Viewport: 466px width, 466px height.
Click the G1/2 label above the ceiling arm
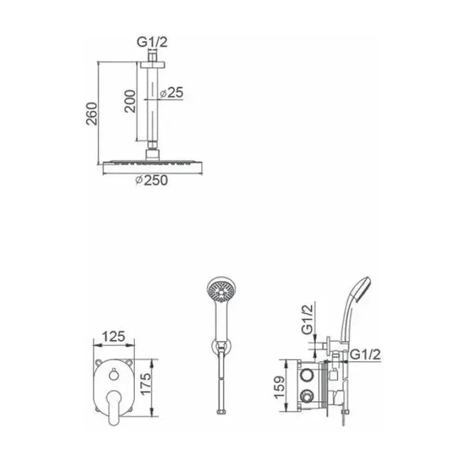tap(152, 42)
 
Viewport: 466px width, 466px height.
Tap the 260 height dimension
tap(92, 114)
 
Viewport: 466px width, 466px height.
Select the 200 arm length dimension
tap(130, 101)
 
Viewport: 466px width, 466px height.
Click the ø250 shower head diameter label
tap(151, 180)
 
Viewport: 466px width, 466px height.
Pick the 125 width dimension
tap(114, 337)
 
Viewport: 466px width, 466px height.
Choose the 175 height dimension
tap(146, 384)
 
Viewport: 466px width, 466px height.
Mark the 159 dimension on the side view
tap(279, 388)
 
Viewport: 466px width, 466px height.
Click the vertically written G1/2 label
tap(308, 319)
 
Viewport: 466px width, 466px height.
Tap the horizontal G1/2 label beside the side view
tap(365, 355)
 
